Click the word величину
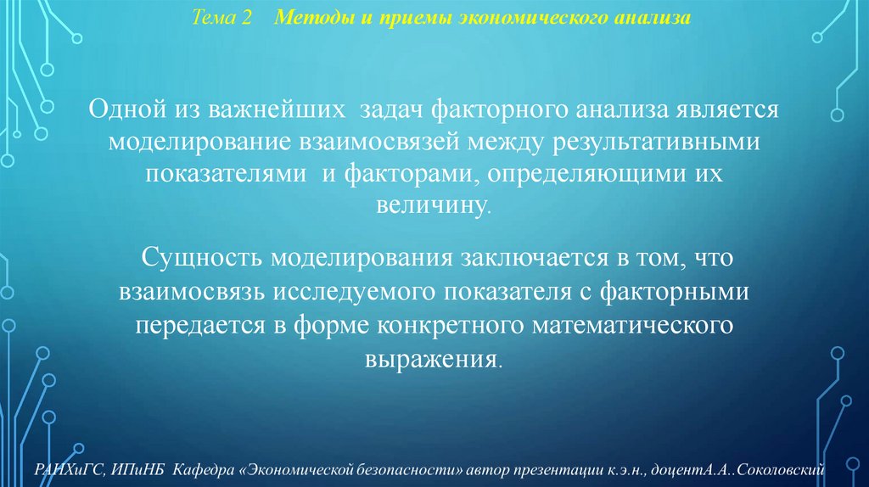click(434, 204)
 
